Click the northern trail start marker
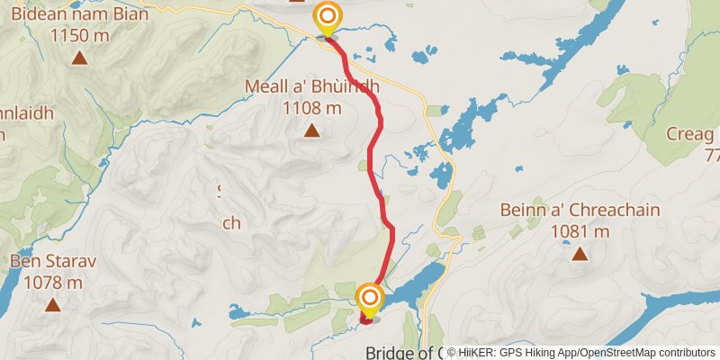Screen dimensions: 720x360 point(328,16)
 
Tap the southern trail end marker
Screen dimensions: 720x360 point(370,297)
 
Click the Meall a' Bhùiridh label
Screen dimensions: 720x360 point(312,87)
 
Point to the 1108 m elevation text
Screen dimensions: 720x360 point(312,108)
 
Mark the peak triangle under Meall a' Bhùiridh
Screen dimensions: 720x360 point(311,131)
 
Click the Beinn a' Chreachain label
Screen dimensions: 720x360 point(580,211)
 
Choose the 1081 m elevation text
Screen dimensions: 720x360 point(580,231)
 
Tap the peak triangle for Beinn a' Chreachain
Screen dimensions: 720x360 point(580,254)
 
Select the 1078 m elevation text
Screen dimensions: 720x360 point(54,283)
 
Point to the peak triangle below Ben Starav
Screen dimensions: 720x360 point(54,306)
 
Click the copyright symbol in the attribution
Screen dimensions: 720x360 point(454,352)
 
